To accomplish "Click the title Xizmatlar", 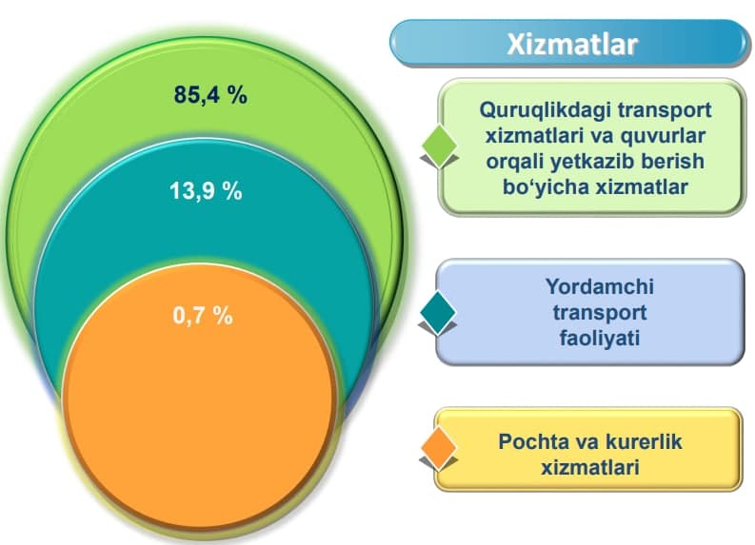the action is click(572, 45).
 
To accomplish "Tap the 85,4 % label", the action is click(210, 94).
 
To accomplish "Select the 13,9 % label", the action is click(206, 190).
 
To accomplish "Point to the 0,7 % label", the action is click(203, 316).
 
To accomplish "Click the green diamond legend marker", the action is click(440, 146).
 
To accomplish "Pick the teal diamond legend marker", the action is click(438, 313).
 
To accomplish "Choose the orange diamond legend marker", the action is click(439, 448).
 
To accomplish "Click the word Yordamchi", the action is click(600, 286).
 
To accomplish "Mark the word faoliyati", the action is click(600, 338).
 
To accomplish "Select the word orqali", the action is click(515, 162).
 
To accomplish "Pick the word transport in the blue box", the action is click(600, 313).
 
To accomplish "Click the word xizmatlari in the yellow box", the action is click(590, 467).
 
